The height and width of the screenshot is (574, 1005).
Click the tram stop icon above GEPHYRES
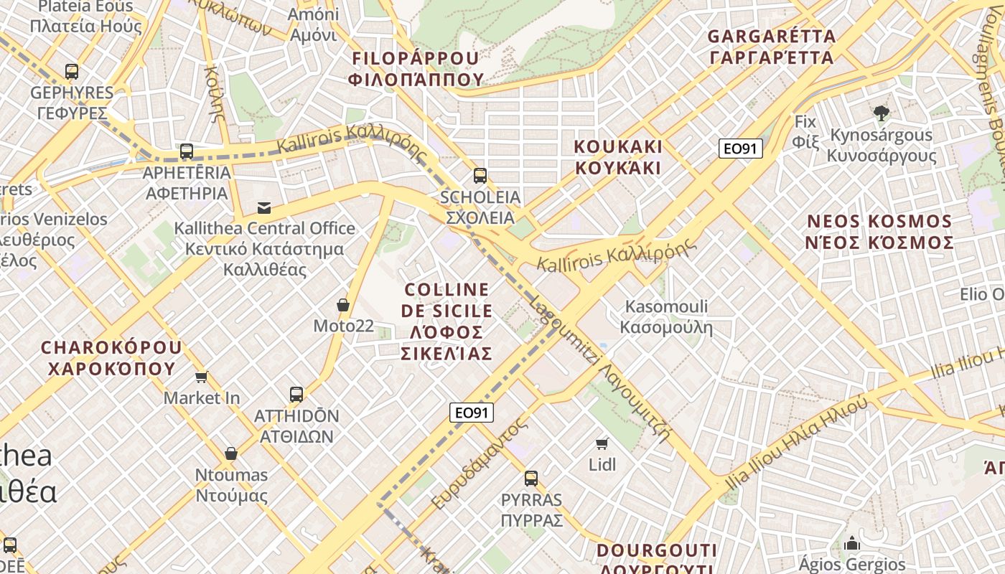tap(72, 71)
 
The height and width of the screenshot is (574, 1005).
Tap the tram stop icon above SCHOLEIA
tap(480, 175)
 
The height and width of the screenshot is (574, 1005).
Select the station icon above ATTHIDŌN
tap(296, 394)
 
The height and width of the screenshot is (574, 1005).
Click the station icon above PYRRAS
tap(531, 478)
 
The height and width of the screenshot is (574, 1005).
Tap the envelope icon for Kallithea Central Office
tap(264, 208)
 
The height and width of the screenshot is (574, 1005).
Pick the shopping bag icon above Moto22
tap(343, 305)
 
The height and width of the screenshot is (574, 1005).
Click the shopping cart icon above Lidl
tap(602, 443)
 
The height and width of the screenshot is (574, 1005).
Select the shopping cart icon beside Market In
tap(202, 377)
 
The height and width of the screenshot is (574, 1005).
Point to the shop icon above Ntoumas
tap(231, 453)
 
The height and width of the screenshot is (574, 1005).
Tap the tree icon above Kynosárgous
tap(882, 113)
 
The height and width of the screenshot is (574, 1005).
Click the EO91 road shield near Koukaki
tap(740, 149)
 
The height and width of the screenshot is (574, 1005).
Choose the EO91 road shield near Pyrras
tap(472, 413)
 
